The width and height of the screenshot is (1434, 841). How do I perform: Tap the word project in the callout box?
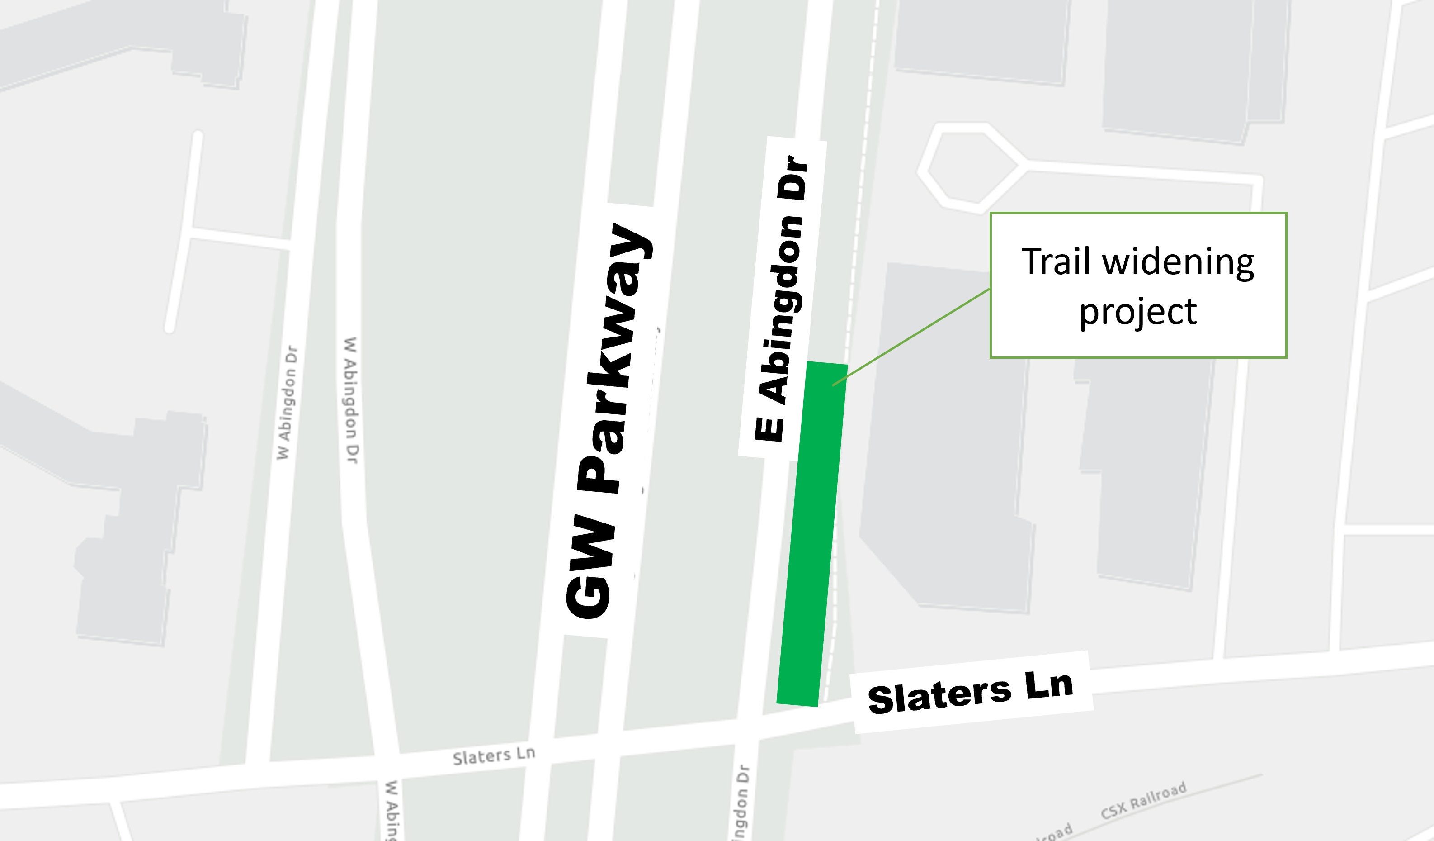click(x=1138, y=312)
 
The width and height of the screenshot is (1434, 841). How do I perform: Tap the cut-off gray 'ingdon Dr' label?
click(x=741, y=803)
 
